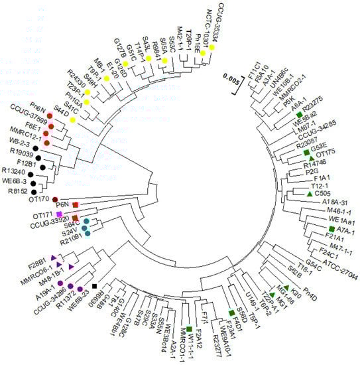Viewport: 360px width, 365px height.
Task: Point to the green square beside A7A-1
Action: click(x=331, y=229)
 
